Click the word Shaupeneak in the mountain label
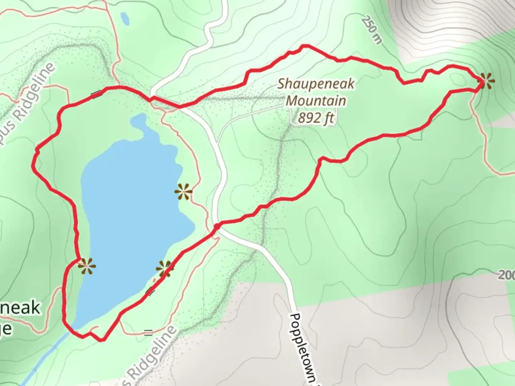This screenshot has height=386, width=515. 316,84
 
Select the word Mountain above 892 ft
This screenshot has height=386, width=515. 316,101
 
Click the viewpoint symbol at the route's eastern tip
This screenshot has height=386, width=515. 486,81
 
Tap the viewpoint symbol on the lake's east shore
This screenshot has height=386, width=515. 183,192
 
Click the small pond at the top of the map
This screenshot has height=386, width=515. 125,19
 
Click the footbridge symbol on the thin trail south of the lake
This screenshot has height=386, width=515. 148,333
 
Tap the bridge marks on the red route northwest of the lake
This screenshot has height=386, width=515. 96,94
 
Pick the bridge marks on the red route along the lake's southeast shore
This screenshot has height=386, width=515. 151,292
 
